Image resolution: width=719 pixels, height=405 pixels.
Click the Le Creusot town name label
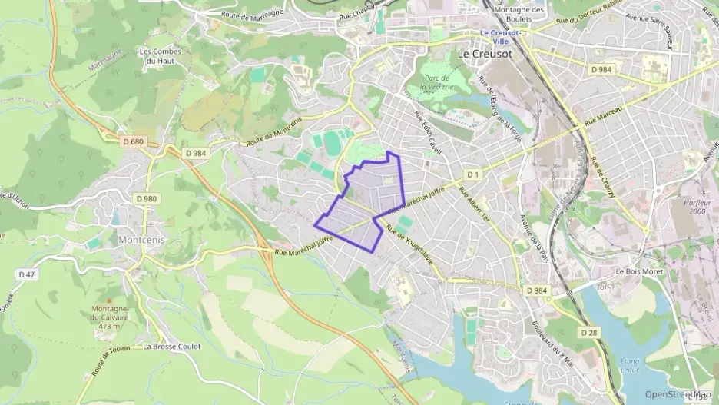click(x=485, y=55)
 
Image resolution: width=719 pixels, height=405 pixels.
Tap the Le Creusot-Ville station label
click(x=500, y=37)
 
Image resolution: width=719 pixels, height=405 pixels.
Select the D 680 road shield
click(x=133, y=141)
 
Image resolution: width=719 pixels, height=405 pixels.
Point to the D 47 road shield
click(x=27, y=274)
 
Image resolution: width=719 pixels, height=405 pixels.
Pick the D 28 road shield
click(x=589, y=332)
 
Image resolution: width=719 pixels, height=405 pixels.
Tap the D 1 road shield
click(x=472, y=174)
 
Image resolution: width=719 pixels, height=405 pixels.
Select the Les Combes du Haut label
click(x=161, y=57)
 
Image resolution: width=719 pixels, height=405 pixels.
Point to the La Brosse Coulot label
click(x=171, y=347)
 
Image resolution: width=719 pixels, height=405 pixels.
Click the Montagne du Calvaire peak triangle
click(x=108, y=300)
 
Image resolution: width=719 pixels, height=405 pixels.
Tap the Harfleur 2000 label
click(x=697, y=206)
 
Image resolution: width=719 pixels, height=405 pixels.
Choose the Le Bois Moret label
click(x=639, y=271)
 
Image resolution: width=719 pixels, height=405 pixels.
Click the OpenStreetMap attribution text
click(x=678, y=394)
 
